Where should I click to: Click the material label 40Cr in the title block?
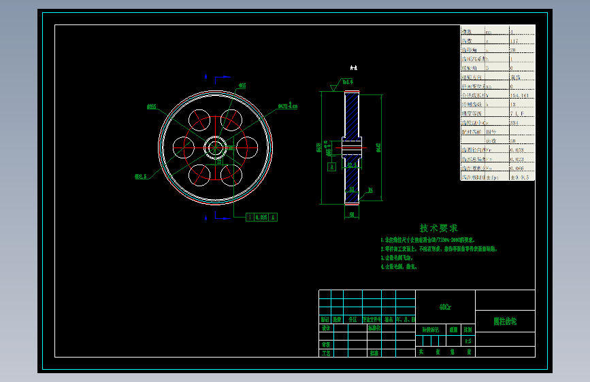pyautogui.click(x=444, y=307)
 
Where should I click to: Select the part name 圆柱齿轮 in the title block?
pyautogui.click(x=505, y=320)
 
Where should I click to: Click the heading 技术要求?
pyautogui.click(x=438, y=228)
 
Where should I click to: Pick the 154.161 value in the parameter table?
pyautogui.click(x=519, y=96)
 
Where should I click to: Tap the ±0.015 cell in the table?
pyautogui.click(x=519, y=177)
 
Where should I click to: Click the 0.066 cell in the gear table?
pyautogui.click(x=517, y=167)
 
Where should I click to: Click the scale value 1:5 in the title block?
pyautogui.click(x=468, y=341)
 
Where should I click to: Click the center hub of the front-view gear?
pyautogui.click(x=216, y=147)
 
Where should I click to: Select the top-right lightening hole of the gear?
pyautogui.click(x=231, y=119)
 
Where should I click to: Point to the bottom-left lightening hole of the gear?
pyautogui.click(x=199, y=175)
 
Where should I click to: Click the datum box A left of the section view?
pyautogui.click(x=331, y=166)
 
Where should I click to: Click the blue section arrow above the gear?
pyautogui.click(x=206, y=77)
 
